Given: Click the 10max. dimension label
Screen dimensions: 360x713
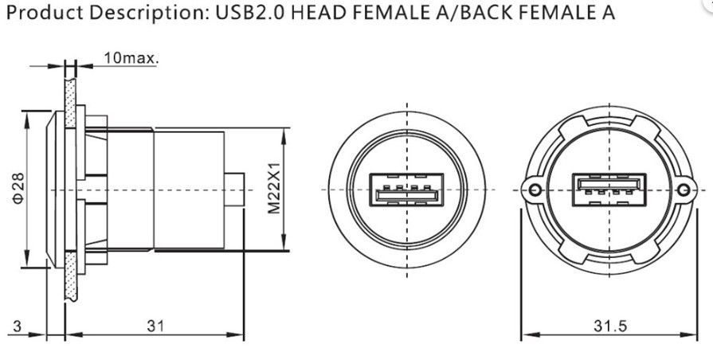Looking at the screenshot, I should coord(130,59).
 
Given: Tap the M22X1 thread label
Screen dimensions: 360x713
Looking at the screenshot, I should coord(273,190).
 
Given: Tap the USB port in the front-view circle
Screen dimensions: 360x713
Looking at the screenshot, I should coord(407,191).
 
